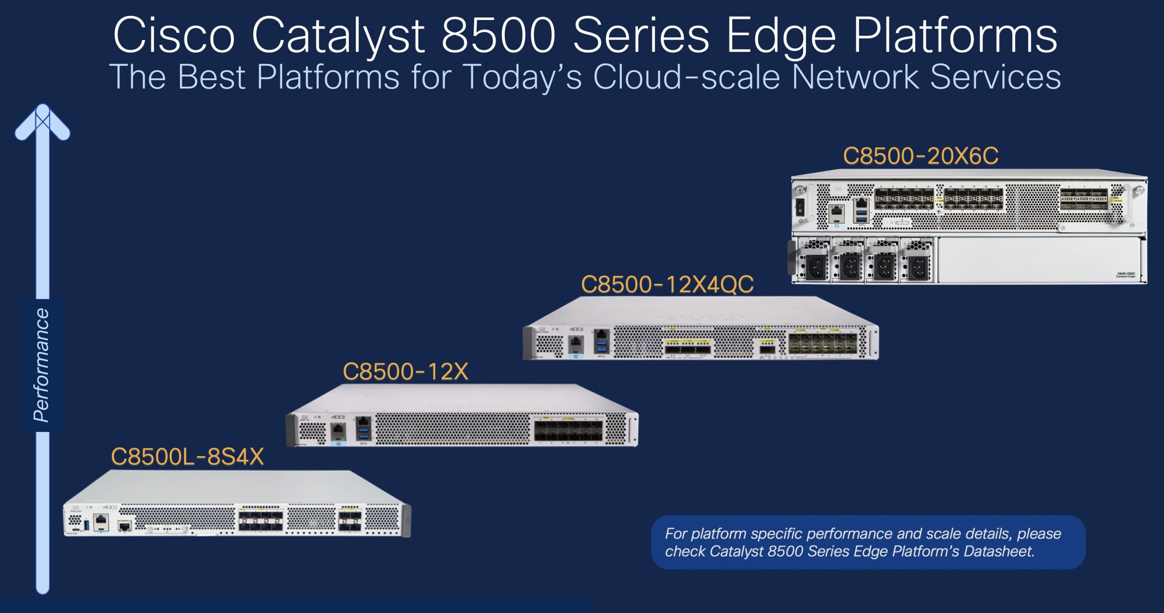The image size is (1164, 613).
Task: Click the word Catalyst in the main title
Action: pos(338,35)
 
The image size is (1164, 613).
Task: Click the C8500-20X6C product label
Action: pos(921,156)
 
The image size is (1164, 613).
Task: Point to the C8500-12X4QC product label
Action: pos(667,284)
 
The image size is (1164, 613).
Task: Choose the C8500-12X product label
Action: pos(405,371)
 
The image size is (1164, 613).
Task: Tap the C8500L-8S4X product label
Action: pos(187,456)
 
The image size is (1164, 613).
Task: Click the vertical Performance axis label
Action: pos(41,365)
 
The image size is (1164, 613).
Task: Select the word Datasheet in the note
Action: pos(998,551)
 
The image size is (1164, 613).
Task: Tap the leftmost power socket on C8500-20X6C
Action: pos(816,266)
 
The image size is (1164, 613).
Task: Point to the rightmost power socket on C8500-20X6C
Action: pos(918,266)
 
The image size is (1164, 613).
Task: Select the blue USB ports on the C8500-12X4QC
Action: pos(601,347)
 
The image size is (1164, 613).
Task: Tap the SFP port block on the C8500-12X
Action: pos(568,430)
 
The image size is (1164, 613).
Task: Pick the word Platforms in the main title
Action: pos(955,35)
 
